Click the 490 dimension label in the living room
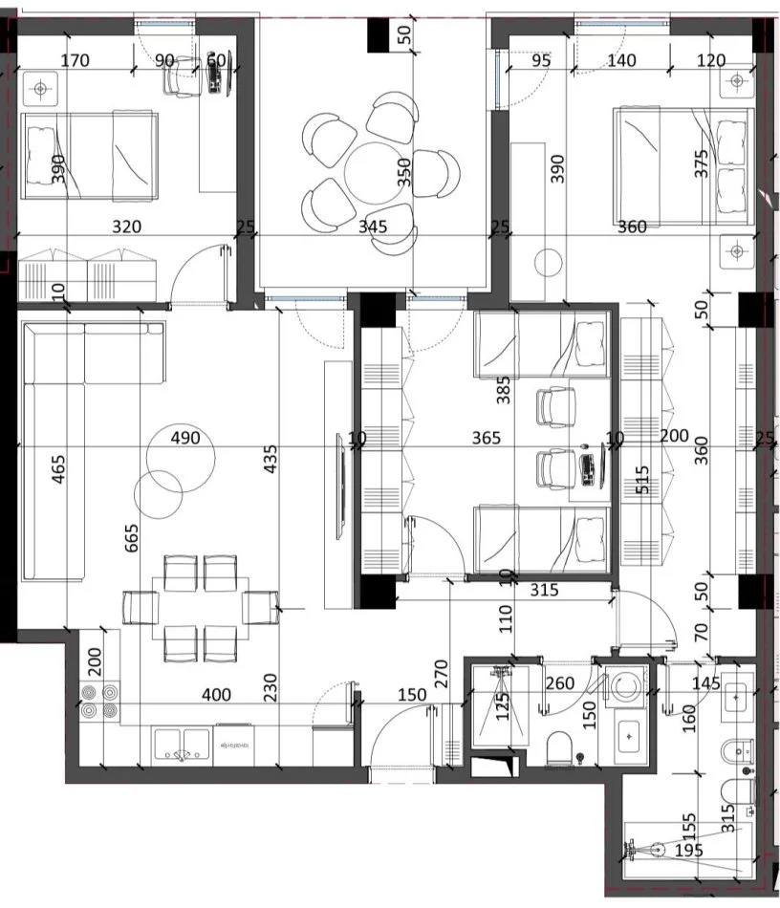(x=184, y=438)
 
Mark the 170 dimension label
(x=75, y=61)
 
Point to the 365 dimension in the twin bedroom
(x=487, y=438)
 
